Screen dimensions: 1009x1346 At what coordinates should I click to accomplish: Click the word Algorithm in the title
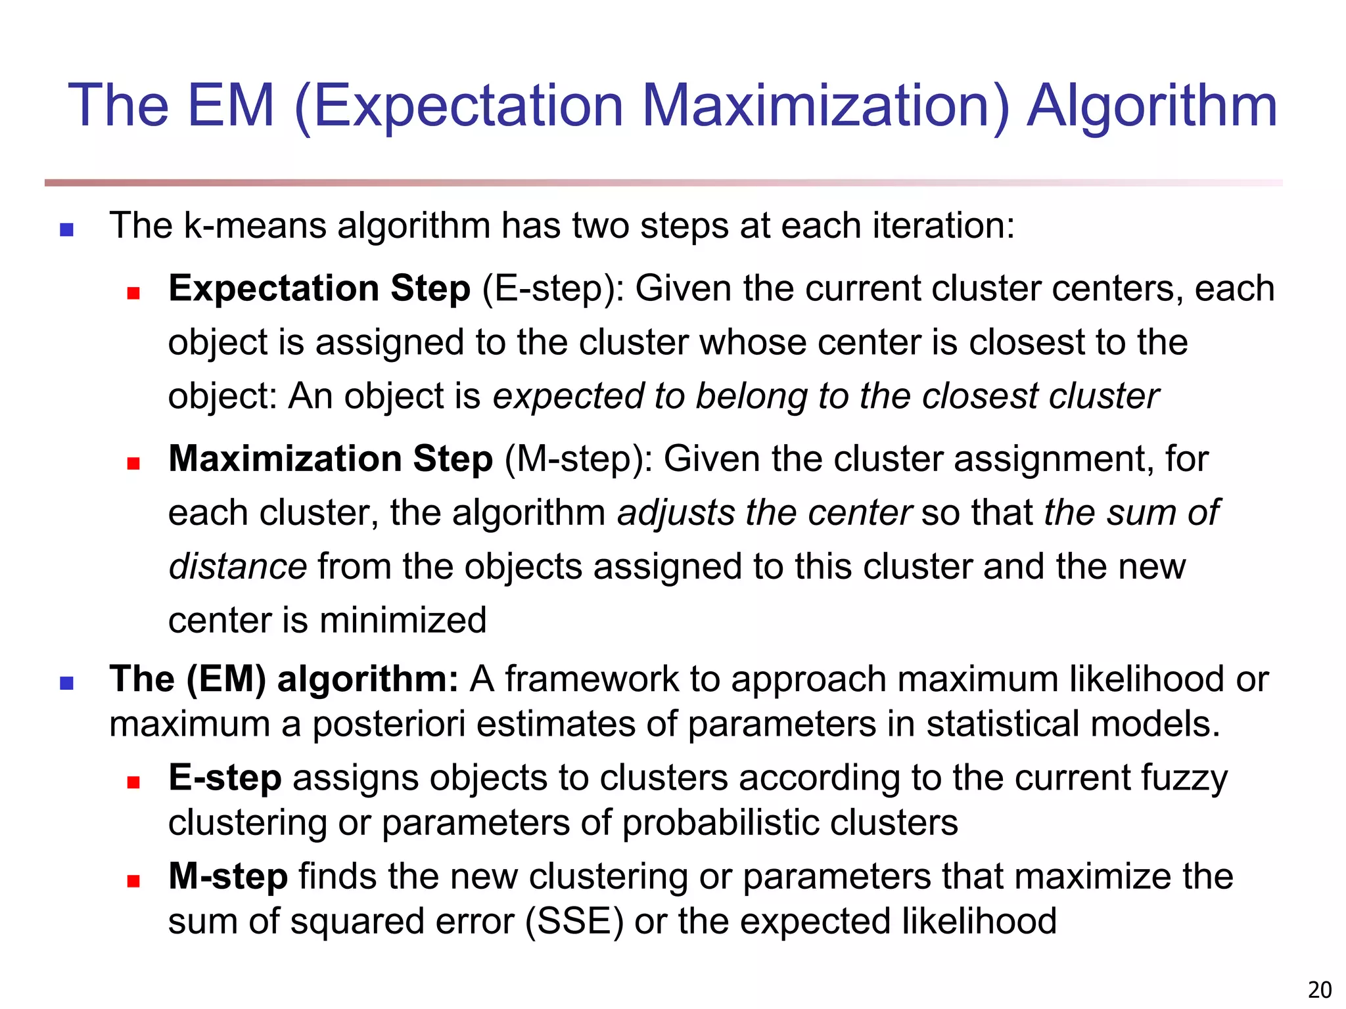(1151, 106)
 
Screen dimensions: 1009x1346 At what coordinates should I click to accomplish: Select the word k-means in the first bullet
(254, 226)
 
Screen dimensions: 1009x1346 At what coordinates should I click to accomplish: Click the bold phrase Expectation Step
(319, 289)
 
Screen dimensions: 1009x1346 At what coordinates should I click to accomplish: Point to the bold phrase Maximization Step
(331, 459)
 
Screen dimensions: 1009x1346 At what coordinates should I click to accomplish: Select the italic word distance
(237, 566)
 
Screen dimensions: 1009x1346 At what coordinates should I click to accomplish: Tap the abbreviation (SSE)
(574, 921)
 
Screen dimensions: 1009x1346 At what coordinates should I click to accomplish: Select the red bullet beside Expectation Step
(133, 293)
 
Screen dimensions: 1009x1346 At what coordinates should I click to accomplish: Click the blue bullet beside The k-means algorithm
(66, 229)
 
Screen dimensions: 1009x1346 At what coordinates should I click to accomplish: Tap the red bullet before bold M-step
(133, 881)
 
